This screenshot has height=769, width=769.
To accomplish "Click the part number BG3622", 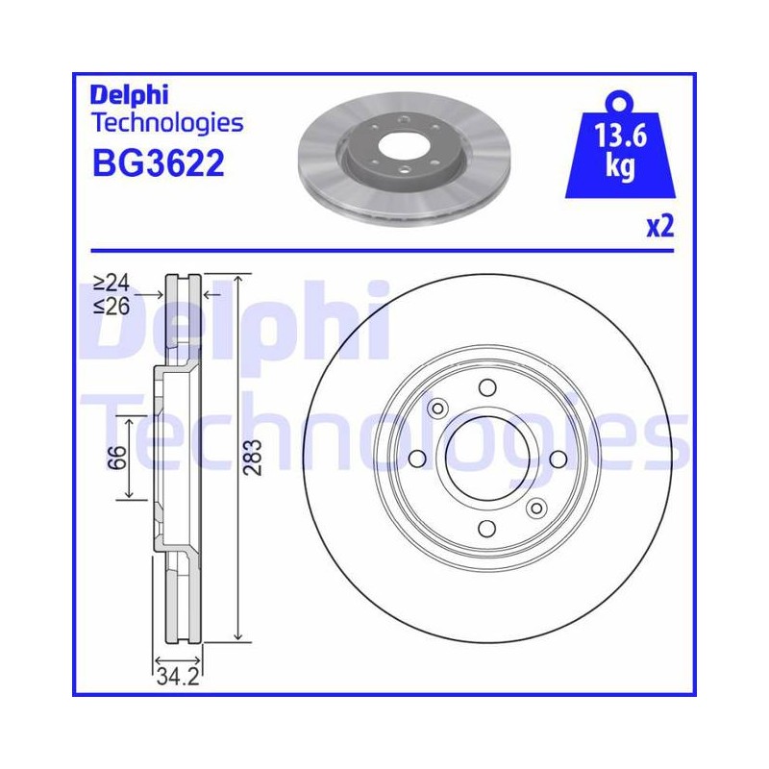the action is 159,163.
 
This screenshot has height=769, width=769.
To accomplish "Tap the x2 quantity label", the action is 659,226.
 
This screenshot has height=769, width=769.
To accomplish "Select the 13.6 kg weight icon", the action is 620,146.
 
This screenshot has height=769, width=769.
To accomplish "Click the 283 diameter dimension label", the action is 253,458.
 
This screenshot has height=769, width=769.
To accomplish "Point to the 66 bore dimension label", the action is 116,458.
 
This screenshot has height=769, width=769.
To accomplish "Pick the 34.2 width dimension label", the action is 178,678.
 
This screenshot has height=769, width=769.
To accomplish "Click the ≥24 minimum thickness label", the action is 112,283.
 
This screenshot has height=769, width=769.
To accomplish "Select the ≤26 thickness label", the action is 112,307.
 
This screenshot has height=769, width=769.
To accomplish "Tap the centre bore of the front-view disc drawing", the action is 487,459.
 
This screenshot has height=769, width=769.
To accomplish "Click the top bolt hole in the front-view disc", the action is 487,387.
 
